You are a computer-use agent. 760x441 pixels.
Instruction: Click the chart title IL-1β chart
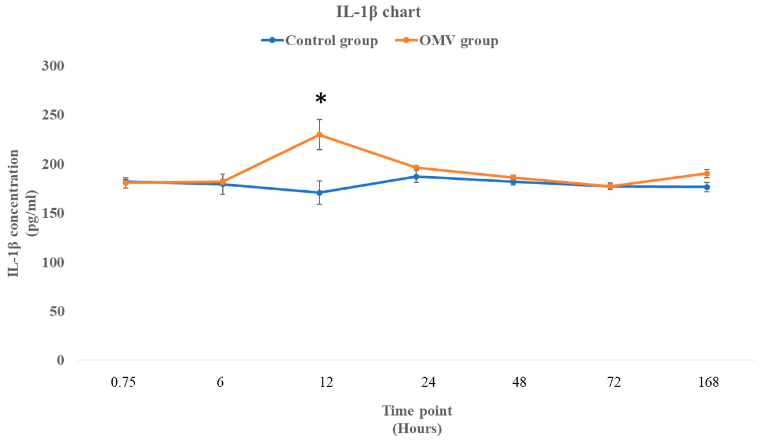(379, 12)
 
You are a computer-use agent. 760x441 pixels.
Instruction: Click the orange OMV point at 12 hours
(320, 135)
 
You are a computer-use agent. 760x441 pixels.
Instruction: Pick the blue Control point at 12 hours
(320, 193)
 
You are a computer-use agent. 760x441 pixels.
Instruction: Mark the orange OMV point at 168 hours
(707, 174)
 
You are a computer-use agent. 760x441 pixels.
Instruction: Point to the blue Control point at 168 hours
(707, 187)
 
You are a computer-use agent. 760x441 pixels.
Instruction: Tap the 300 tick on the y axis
(53, 66)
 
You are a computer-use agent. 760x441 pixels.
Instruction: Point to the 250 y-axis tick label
(53, 115)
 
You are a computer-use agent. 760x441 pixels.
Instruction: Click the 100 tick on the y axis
(53, 262)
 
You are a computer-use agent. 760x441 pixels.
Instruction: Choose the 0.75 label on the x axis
(123, 383)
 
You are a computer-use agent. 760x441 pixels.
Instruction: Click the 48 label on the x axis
(519, 383)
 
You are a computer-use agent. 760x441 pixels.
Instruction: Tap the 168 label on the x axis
(709, 383)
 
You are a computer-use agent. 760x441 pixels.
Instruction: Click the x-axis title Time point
(417, 411)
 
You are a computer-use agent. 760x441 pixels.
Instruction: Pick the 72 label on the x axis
(614, 383)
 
